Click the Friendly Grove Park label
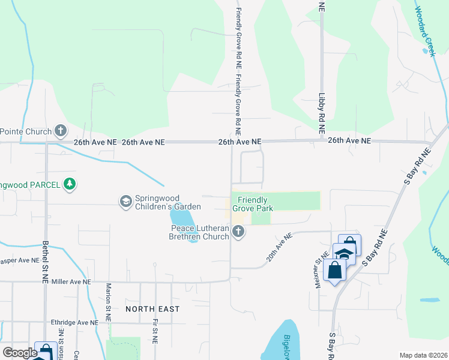(x=255, y=204)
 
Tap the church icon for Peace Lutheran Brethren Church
(x=239, y=232)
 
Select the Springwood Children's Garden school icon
(x=125, y=200)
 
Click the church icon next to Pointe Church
(x=61, y=130)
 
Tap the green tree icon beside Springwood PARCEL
(x=70, y=184)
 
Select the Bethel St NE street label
(x=46, y=262)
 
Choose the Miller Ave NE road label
(x=71, y=281)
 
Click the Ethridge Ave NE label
(x=74, y=322)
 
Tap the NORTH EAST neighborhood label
(x=152, y=308)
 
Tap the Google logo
(x=19, y=353)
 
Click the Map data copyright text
(x=423, y=355)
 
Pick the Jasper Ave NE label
(x=20, y=261)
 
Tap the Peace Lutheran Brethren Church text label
(x=199, y=232)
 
